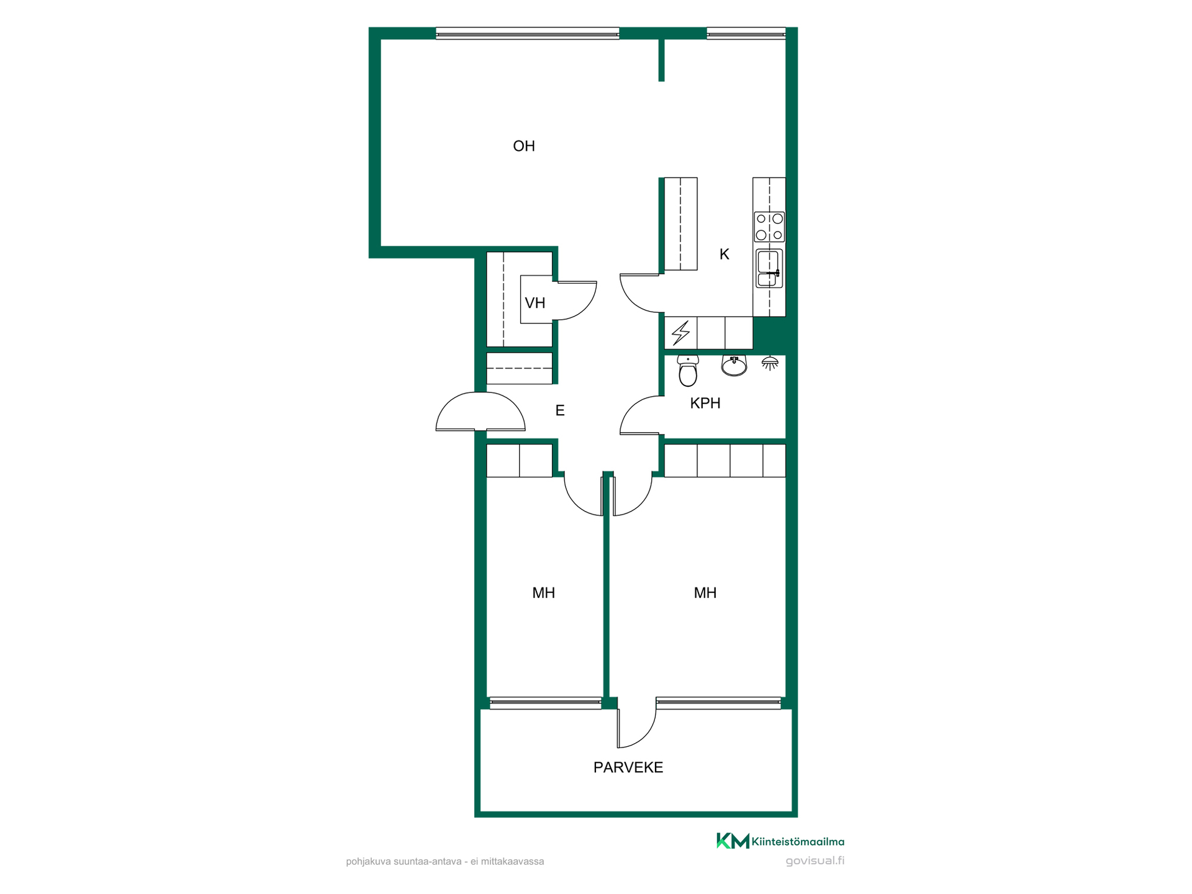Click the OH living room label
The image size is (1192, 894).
click(x=524, y=146)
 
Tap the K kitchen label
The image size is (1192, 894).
click(x=724, y=254)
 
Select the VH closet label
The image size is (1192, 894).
click(x=535, y=303)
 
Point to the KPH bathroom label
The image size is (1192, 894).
click(x=705, y=403)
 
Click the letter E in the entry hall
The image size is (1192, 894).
click(x=560, y=410)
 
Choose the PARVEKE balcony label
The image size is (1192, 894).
click(x=628, y=767)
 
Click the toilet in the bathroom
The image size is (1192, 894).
click(x=688, y=371)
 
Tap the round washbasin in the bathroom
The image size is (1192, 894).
click(x=734, y=366)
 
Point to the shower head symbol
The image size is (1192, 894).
click(x=770, y=363)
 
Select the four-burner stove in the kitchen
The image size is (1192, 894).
click(x=769, y=227)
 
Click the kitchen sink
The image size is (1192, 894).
click(x=769, y=268)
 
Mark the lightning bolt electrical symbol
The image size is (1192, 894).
click(x=681, y=333)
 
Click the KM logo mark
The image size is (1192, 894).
click(x=733, y=841)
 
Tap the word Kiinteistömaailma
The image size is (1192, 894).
click(x=798, y=842)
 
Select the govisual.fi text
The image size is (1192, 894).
click(x=815, y=860)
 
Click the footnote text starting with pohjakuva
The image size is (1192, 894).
click(x=445, y=862)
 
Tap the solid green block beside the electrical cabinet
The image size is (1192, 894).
click(x=770, y=336)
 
